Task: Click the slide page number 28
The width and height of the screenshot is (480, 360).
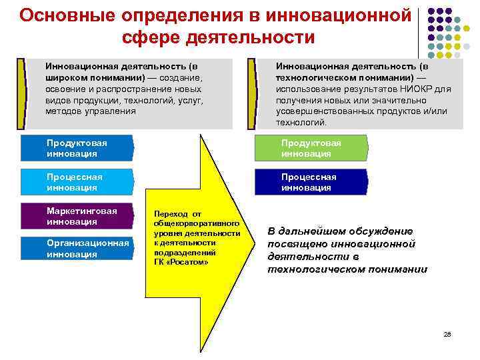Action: (447, 333)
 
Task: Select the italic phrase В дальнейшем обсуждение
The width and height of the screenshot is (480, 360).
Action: (340, 231)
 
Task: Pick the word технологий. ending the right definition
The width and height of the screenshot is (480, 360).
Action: (301, 123)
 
